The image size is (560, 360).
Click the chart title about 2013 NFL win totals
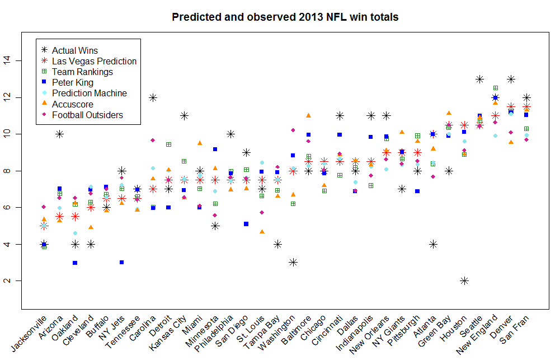tap(285, 17)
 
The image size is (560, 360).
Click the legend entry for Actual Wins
tap(74, 50)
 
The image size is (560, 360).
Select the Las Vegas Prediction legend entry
tap(94, 61)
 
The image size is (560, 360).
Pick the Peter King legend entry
tap(73, 83)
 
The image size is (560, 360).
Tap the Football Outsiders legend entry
tap(87, 115)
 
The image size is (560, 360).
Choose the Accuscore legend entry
tap(73, 104)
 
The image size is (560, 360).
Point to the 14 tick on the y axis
tap(8, 60)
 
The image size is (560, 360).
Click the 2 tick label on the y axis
tap(8, 280)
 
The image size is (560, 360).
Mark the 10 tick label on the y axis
tap(8, 134)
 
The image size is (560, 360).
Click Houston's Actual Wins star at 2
tap(464, 280)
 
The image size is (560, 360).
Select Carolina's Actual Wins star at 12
tap(153, 97)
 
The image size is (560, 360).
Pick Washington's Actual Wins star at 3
tap(293, 262)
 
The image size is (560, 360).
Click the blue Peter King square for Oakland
tap(75, 263)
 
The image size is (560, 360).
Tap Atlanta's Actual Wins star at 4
tap(432, 244)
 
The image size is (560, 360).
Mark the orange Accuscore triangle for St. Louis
tap(262, 231)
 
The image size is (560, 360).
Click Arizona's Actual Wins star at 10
tap(59, 134)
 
